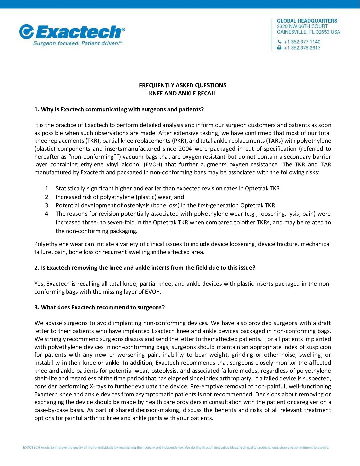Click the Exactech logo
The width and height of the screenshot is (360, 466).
pyautogui.click(x=72, y=32)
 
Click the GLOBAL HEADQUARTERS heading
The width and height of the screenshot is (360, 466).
pyautogui.click(x=307, y=21)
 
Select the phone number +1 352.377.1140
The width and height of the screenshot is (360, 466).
pyautogui.click(x=302, y=42)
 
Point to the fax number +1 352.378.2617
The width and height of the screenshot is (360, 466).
pyautogui.click(x=302, y=48)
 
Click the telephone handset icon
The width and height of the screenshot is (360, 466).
pyautogui.click(x=279, y=42)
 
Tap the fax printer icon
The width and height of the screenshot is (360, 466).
pyautogui.click(x=279, y=48)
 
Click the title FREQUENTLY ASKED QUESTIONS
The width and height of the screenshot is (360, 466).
pyautogui.click(x=183, y=85)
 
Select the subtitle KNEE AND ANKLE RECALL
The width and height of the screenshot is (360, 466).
pyautogui.click(x=183, y=93)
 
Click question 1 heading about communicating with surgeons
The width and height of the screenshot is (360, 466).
pyautogui.click(x=119, y=109)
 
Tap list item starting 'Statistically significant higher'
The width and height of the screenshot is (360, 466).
pyautogui.click(x=167, y=188)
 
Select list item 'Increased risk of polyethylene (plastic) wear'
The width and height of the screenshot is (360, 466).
pyautogui.click(x=119, y=197)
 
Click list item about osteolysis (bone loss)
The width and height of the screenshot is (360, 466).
pyautogui.click(x=165, y=205)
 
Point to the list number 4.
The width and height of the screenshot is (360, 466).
pyautogui.click(x=47, y=214)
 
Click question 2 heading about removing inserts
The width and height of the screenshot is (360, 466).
pyautogui.click(x=145, y=268)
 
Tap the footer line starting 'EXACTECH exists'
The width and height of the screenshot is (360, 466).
pyautogui.click(x=176, y=448)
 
